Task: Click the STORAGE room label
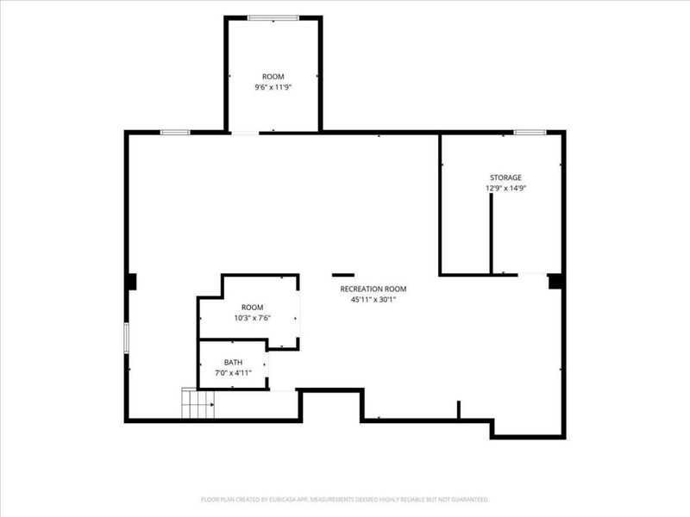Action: pyautogui.click(x=505, y=178)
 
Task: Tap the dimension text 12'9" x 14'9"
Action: pyautogui.click(x=506, y=188)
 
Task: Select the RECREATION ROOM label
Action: pyautogui.click(x=373, y=289)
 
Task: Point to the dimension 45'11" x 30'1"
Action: pyautogui.click(x=373, y=300)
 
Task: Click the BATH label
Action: pyautogui.click(x=233, y=362)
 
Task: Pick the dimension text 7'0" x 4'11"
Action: pyautogui.click(x=233, y=373)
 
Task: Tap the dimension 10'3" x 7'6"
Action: pyautogui.click(x=252, y=318)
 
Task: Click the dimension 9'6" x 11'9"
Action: pyautogui.click(x=273, y=87)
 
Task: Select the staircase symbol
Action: pyautogui.click(x=198, y=403)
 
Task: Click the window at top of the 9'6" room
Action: pyautogui.click(x=273, y=18)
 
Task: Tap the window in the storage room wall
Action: pyautogui.click(x=530, y=133)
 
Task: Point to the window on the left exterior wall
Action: pyautogui.click(x=126, y=338)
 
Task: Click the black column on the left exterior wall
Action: pyautogui.click(x=131, y=282)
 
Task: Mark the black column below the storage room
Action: pyautogui.click(x=555, y=282)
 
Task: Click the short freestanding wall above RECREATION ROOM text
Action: pyautogui.click(x=343, y=275)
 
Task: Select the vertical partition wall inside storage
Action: pyautogui.click(x=491, y=234)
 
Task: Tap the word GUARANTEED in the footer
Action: pyautogui.click(x=471, y=500)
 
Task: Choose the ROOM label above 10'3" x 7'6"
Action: pyautogui.click(x=252, y=308)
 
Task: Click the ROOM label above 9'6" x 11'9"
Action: pyautogui.click(x=273, y=77)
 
